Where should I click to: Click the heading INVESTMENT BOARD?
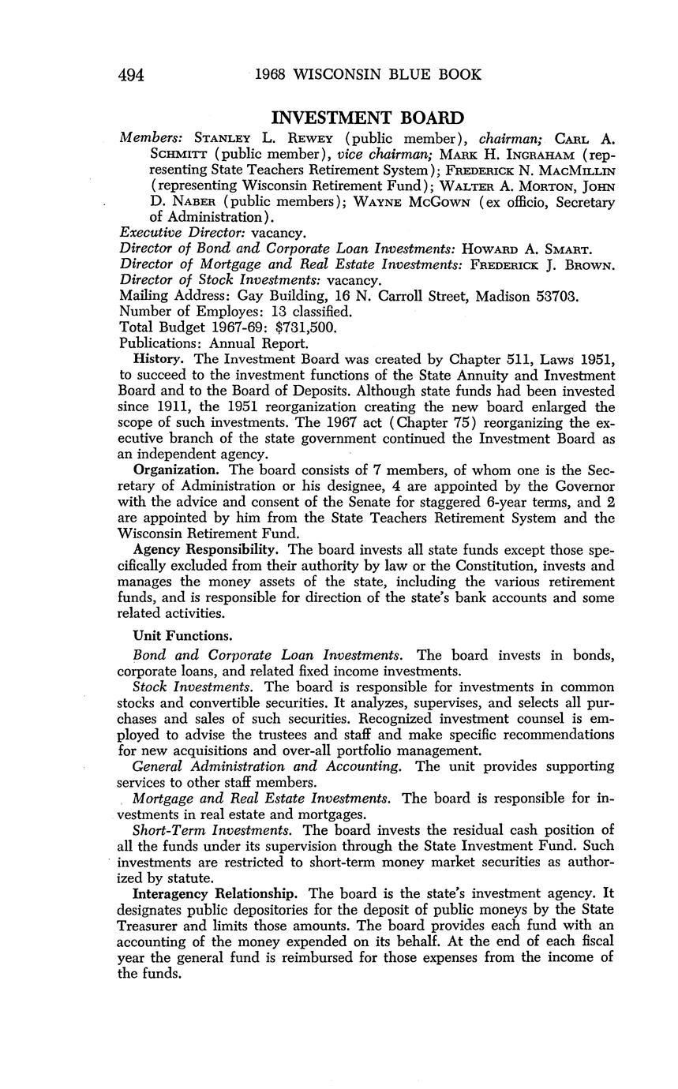point(367,118)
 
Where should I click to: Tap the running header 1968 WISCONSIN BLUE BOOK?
point(368,76)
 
